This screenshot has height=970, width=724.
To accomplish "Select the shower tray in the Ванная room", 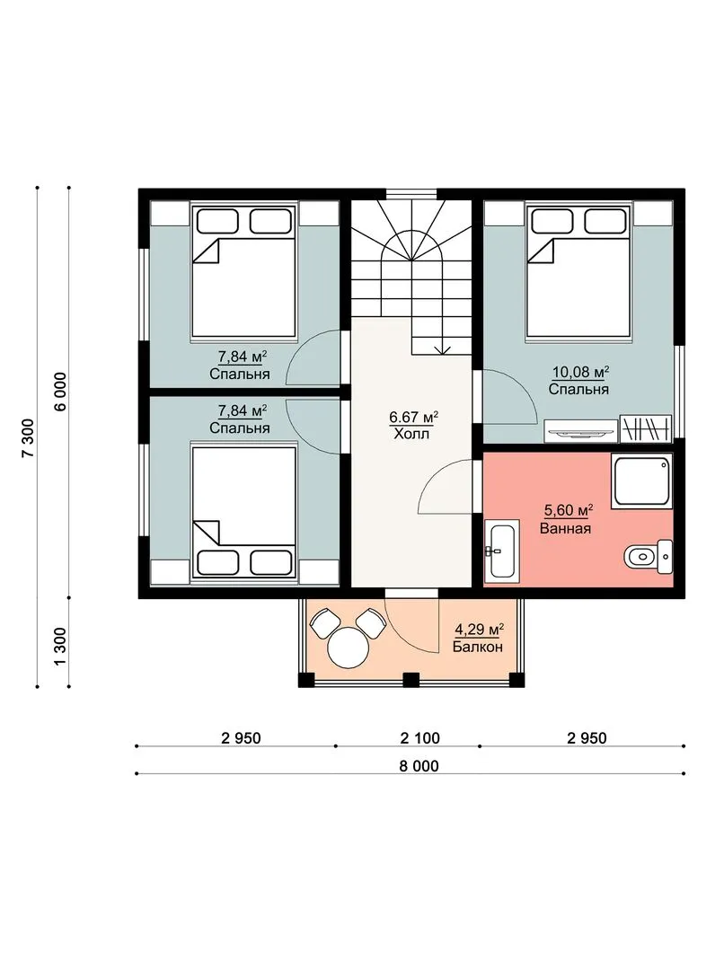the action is (x=641, y=482).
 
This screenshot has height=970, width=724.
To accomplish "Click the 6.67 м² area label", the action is (x=414, y=417).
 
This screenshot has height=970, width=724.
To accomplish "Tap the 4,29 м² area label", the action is (x=479, y=630).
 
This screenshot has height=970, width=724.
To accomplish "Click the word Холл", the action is (x=411, y=435).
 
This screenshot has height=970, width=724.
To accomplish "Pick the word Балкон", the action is (x=477, y=648).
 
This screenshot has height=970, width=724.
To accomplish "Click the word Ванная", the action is (x=565, y=529).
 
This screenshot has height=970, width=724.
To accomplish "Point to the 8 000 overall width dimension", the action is (x=419, y=766).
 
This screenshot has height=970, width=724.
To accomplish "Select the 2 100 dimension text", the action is (x=420, y=738).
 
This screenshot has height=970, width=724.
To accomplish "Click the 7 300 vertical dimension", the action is (x=28, y=437).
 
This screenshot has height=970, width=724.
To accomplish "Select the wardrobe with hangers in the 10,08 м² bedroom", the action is (x=646, y=428).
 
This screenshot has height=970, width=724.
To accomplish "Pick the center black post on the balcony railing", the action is (x=411, y=680).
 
